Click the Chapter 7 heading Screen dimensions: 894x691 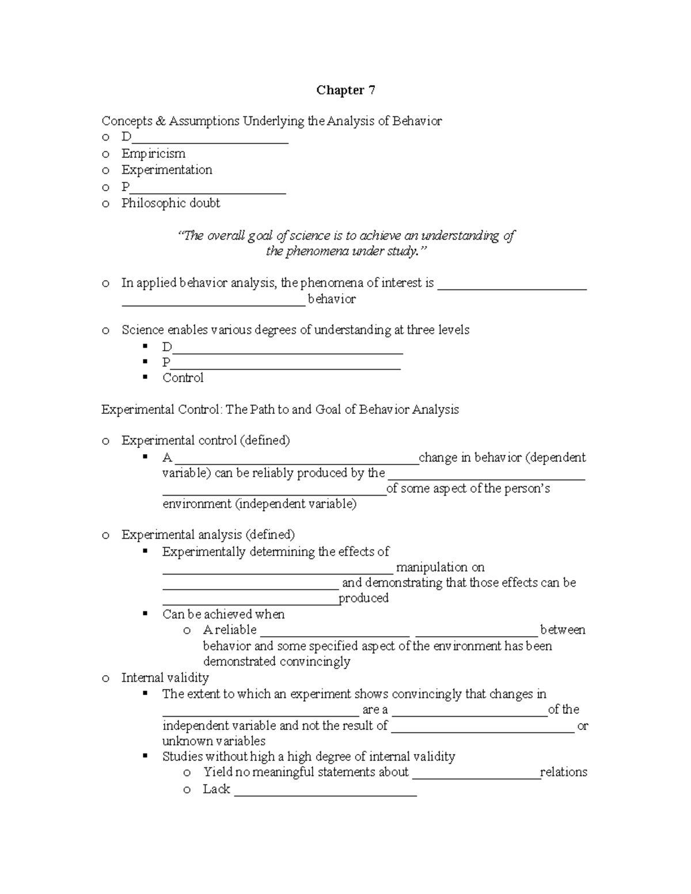[345, 90]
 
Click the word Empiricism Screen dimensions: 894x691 [153, 154]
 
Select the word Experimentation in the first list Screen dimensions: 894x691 [166, 170]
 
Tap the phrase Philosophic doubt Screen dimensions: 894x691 [170, 203]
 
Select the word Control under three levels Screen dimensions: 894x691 [183, 378]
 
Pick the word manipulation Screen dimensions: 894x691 [441, 568]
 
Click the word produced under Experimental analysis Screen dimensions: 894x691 [363, 599]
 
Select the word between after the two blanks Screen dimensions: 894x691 [563, 630]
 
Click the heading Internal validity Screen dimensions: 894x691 [165, 678]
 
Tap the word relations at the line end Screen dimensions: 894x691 [564, 773]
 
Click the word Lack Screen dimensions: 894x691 [217, 789]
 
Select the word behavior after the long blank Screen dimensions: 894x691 [332, 299]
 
